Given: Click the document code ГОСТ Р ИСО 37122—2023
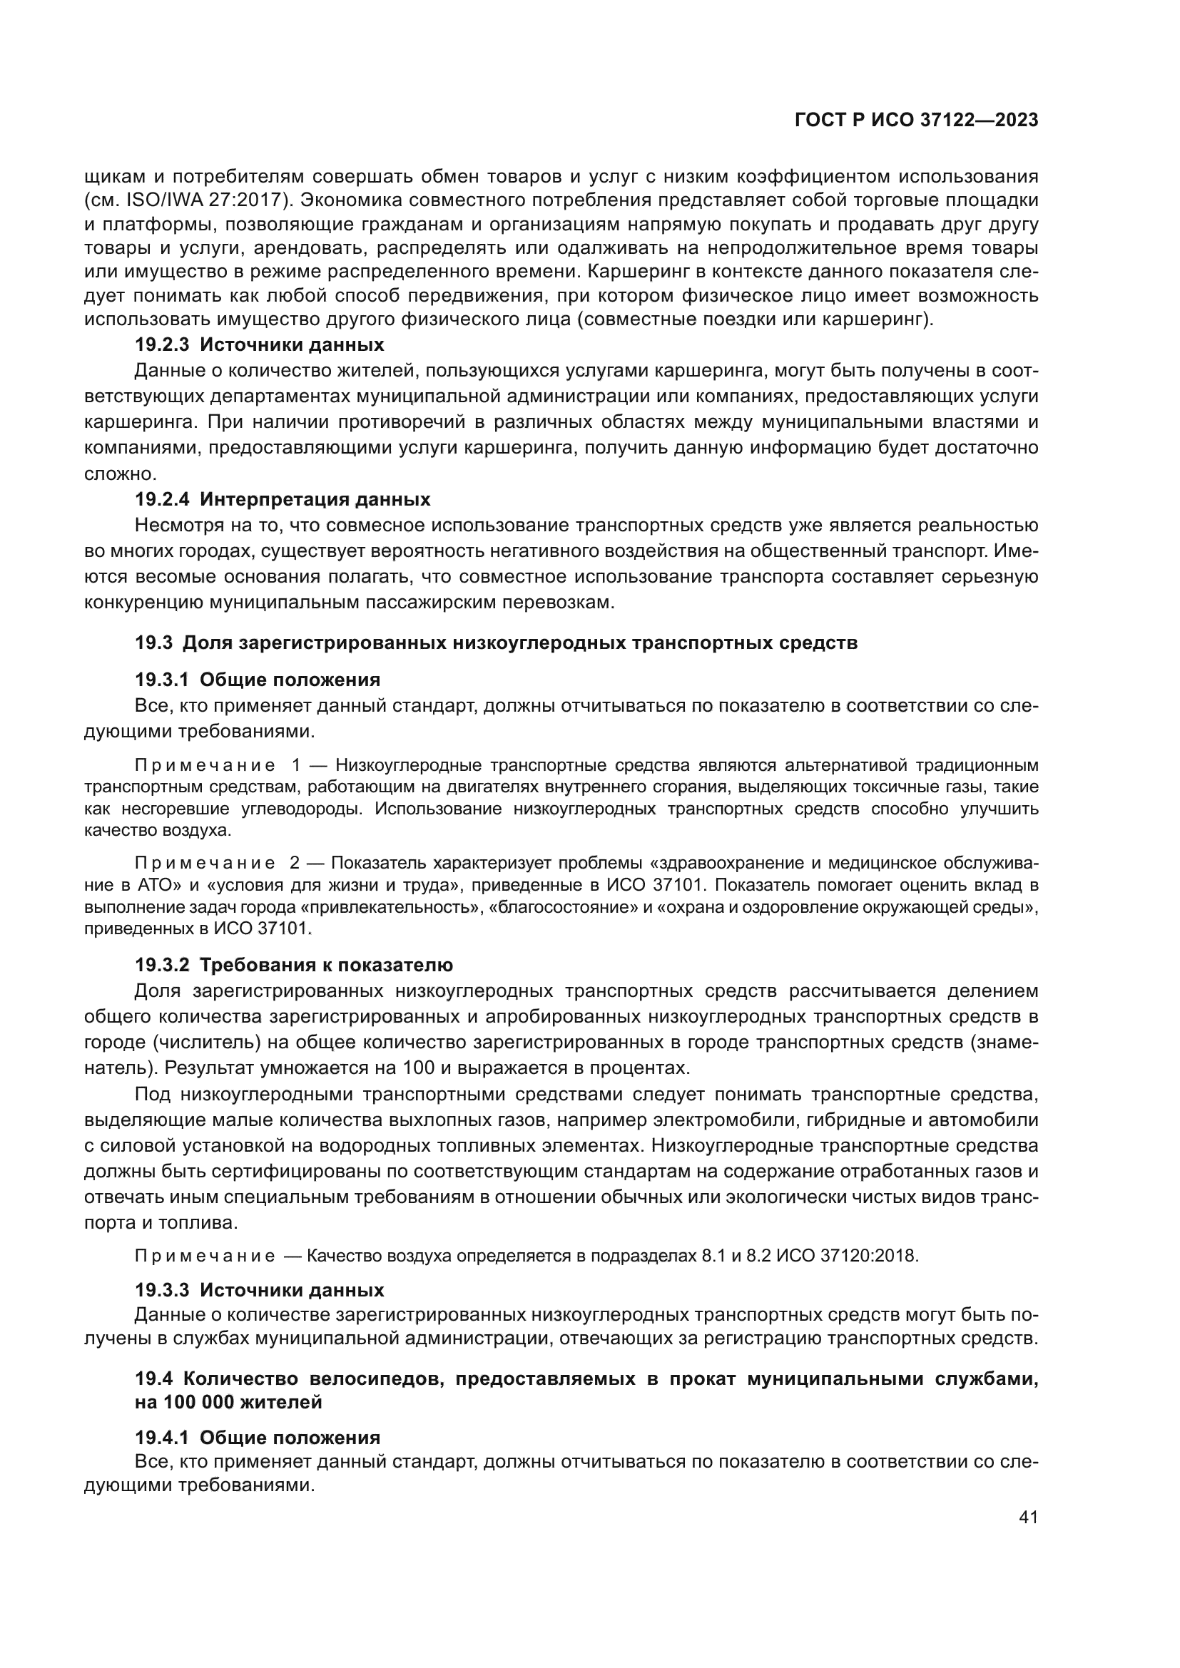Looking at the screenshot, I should tap(916, 121).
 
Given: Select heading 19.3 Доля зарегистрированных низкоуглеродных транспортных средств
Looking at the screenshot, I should tap(497, 643).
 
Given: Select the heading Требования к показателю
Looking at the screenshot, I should tap(326, 965).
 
